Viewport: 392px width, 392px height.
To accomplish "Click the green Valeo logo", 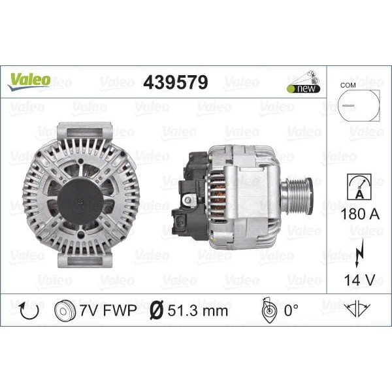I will click(29, 80).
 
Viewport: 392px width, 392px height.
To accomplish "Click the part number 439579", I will click(175, 82).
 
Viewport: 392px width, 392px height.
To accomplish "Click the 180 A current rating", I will click(359, 213).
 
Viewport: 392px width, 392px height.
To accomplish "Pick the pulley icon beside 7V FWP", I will click(66, 310).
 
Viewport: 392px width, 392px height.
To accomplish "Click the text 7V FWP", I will click(108, 310).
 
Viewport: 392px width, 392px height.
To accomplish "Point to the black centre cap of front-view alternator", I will click(80, 194).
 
